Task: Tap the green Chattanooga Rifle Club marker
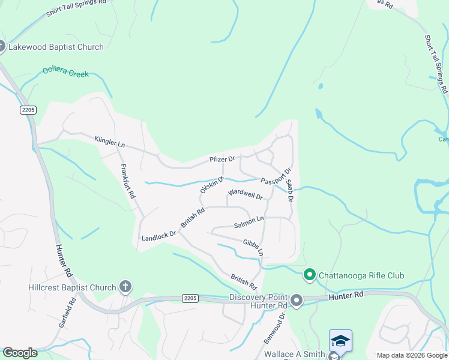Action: point(310,275)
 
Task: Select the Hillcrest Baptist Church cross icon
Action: point(125,287)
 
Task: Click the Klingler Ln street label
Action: point(109,142)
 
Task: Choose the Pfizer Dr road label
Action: point(221,159)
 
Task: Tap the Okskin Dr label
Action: point(211,185)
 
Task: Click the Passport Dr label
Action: point(276,177)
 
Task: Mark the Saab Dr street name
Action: point(289,190)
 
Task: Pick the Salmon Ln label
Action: point(249,223)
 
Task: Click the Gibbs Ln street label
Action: point(253,247)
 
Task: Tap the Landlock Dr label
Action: point(158,238)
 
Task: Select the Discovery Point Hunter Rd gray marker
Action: point(296,299)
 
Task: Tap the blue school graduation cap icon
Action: point(340,340)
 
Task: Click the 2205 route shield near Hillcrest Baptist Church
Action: point(190,298)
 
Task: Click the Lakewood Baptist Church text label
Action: point(55,47)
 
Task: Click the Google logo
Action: point(20,352)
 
